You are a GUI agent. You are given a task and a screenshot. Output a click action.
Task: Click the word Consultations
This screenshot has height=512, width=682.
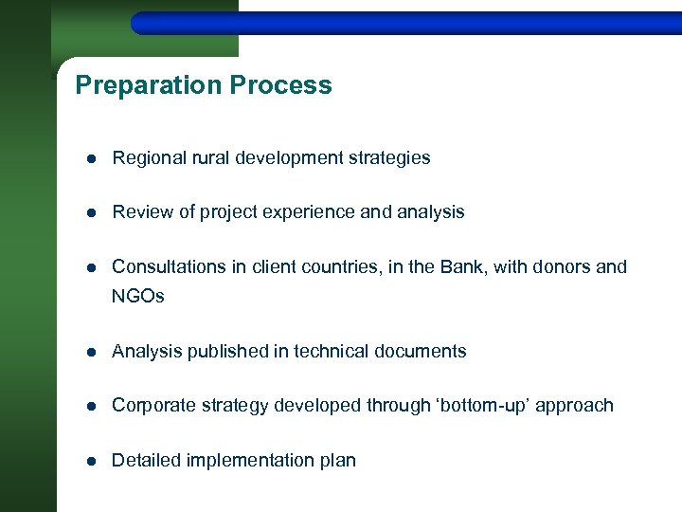(x=169, y=267)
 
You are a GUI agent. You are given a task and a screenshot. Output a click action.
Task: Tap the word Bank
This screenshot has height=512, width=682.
(x=460, y=267)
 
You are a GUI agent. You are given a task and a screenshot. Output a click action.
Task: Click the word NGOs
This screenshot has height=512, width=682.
(x=138, y=297)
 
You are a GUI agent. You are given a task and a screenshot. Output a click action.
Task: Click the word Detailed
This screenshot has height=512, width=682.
(x=147, y=461)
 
